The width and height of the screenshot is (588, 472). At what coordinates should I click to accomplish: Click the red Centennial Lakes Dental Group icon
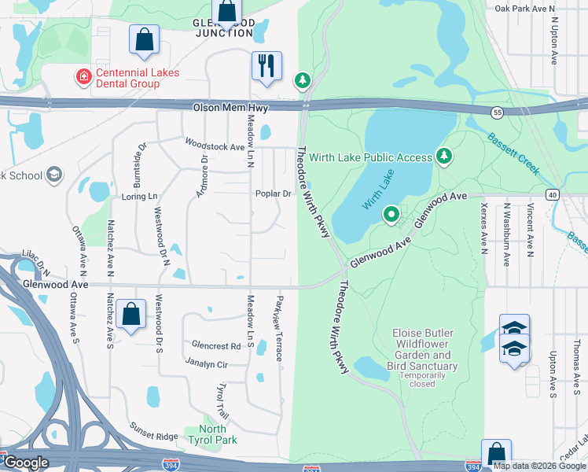coord(81,77)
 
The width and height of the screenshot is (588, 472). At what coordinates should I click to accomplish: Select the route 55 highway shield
coord(498,113)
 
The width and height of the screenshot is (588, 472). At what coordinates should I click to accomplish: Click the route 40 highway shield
coord(553,194)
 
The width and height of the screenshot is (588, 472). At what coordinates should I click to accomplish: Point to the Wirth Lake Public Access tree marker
coord(444,157)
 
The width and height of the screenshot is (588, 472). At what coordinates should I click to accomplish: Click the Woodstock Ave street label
coord(215,145)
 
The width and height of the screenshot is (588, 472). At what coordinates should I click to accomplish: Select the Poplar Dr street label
coord(274,194)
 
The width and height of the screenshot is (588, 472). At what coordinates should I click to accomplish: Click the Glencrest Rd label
coord(216,346)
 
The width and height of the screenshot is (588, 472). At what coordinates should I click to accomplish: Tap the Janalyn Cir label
coord(206,364)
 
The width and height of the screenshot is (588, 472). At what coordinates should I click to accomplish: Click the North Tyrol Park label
coord(212,434)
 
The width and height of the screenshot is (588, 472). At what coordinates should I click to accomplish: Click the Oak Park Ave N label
coord(526,9)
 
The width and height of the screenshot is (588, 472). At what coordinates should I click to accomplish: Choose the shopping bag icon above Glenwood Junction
coord(227,11)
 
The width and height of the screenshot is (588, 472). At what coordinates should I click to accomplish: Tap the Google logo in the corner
coord(27,463)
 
